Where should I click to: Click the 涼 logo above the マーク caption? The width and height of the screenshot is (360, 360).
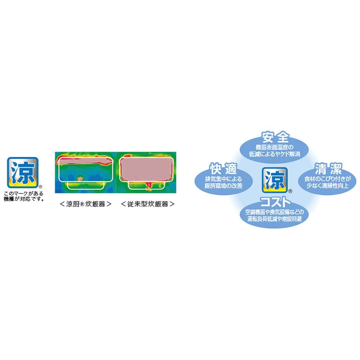click(22, 172)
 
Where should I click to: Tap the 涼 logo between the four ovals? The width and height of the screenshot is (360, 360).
click(275, 180)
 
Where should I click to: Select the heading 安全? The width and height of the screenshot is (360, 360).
click(275, 137)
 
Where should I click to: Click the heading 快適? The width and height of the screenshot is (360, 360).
click(224, 169)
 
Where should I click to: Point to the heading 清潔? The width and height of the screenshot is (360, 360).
click(328, 169)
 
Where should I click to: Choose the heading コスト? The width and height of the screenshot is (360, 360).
click(275, 202)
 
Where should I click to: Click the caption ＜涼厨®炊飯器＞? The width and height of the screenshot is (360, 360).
click(85, 204)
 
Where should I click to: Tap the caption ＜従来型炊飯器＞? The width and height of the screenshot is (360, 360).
click(148, 204)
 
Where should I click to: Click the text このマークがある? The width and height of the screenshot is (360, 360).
click(24, 194)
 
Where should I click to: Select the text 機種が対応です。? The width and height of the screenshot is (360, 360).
click(24, 199)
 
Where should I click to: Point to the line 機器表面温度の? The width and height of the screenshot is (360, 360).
click(275, 147)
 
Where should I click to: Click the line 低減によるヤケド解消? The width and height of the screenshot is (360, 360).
click(275, 154)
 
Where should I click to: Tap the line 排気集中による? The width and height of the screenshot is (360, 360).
click(224, 179)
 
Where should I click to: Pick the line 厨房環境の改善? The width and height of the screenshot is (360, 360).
click(224, 186)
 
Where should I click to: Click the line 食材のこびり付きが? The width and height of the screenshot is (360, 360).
click(328, 179)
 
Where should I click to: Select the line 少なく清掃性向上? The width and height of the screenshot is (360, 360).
click(328, 186)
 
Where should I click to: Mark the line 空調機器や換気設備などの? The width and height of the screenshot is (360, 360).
click(275, 212)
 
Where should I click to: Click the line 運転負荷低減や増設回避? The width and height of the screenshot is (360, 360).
click(275, 219)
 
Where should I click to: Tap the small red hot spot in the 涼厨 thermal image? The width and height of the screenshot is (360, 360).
click(80, 178)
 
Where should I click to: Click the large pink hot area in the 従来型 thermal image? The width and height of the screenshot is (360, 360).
click(147, 169)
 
